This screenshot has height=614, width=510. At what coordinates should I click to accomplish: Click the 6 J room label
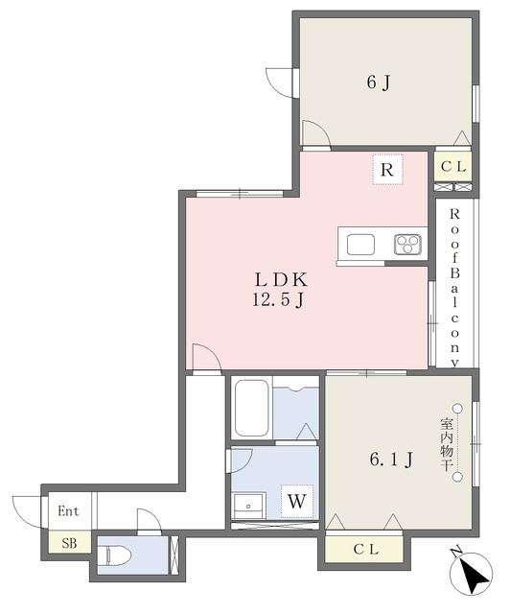[x=379, y=83]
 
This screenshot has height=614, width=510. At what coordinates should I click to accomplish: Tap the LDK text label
[x=281, y=280]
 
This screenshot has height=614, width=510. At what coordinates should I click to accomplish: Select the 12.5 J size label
[x=278, y=300]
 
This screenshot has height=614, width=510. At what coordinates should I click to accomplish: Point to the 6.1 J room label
[x=390, y=460]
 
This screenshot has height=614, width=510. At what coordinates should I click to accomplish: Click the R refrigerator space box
[x=387, y=170]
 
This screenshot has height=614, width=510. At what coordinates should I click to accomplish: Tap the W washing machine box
[x=296, y=501]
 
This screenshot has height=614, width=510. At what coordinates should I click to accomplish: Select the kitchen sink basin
[x=360, y=245]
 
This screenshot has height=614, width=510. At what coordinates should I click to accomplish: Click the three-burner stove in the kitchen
[x=407, y=245]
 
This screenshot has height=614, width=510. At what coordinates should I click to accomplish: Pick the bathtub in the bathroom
[x=252, y=407]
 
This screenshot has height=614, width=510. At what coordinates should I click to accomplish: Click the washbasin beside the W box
[x=248, y=506]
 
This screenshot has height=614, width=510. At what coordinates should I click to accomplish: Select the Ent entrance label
[x=68, y=511]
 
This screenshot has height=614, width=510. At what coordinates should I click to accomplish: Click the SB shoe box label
[x=69, y=543]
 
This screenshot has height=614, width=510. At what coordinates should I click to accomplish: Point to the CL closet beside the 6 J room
[x=453, y=166]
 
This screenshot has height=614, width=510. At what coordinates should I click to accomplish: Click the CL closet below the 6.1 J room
[x=365, y=549]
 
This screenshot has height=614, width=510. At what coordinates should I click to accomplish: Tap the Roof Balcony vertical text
[x=454, y=288]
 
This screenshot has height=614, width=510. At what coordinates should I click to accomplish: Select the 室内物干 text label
[x=447, y=444]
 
